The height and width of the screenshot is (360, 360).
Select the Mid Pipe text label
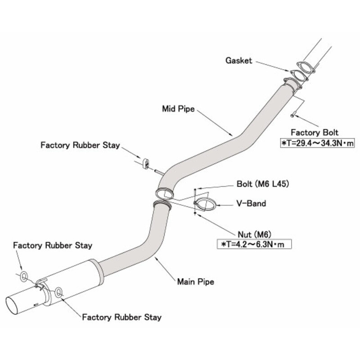pyautogui.click(x=178, y=108)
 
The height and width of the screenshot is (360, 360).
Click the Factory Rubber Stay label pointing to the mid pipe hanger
pyautogui.click(x=80, y=145)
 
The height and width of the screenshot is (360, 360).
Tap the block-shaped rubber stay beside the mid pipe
pyautogui.click(x=145, y=163)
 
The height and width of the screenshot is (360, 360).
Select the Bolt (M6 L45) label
pyautogui.click(x=262, y=184)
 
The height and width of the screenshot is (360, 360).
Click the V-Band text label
pyautogui.click(x=251, y=203)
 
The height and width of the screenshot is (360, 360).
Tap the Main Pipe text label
pyautogui.click(x=195, y=282)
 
